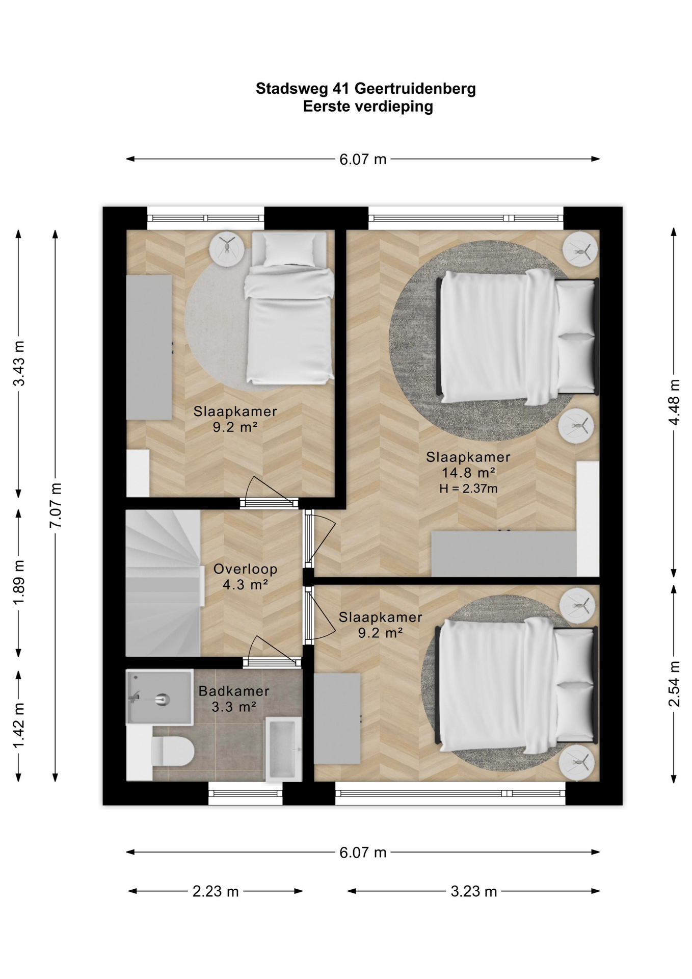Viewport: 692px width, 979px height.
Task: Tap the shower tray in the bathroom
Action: point(159,697)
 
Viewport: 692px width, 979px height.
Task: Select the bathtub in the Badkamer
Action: point(283,749)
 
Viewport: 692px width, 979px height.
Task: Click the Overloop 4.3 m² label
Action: point(245,577)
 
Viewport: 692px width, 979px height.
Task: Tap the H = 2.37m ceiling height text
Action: point(468,488)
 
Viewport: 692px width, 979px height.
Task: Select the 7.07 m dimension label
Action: point(56,505)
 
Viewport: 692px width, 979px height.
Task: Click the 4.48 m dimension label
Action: point(674,402)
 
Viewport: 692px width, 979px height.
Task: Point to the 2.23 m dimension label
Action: point(216,891)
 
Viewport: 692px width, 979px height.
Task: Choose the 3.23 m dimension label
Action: point(473,891)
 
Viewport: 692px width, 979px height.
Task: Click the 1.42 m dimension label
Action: point(19,726)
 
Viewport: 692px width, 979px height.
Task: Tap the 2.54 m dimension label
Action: point(674,684)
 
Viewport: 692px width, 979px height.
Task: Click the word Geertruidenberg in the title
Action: point(415,88)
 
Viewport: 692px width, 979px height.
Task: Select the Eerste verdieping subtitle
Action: point(368,106)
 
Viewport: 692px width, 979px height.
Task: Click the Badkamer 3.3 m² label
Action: point(234,699)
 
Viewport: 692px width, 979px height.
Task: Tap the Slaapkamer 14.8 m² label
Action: point(468,465)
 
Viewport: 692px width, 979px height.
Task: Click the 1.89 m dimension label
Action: point(19,582)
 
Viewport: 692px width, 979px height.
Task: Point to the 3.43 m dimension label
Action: point(19,363)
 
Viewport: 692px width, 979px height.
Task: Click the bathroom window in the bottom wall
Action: point(245,793)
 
